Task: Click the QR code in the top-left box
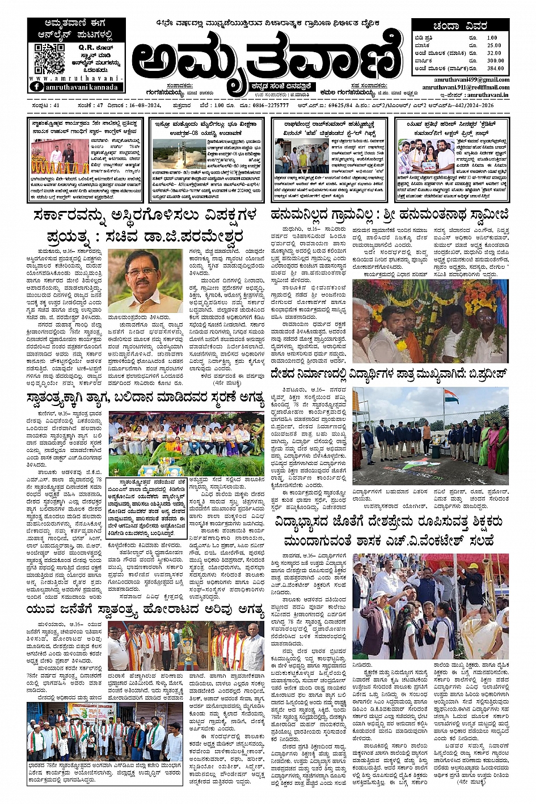click(49, 58)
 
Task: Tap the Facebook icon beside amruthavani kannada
click(36, 87)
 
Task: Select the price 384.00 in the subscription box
click(495, 68)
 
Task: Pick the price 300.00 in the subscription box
click(495, 61)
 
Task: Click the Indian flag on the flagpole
click(451, 396)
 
